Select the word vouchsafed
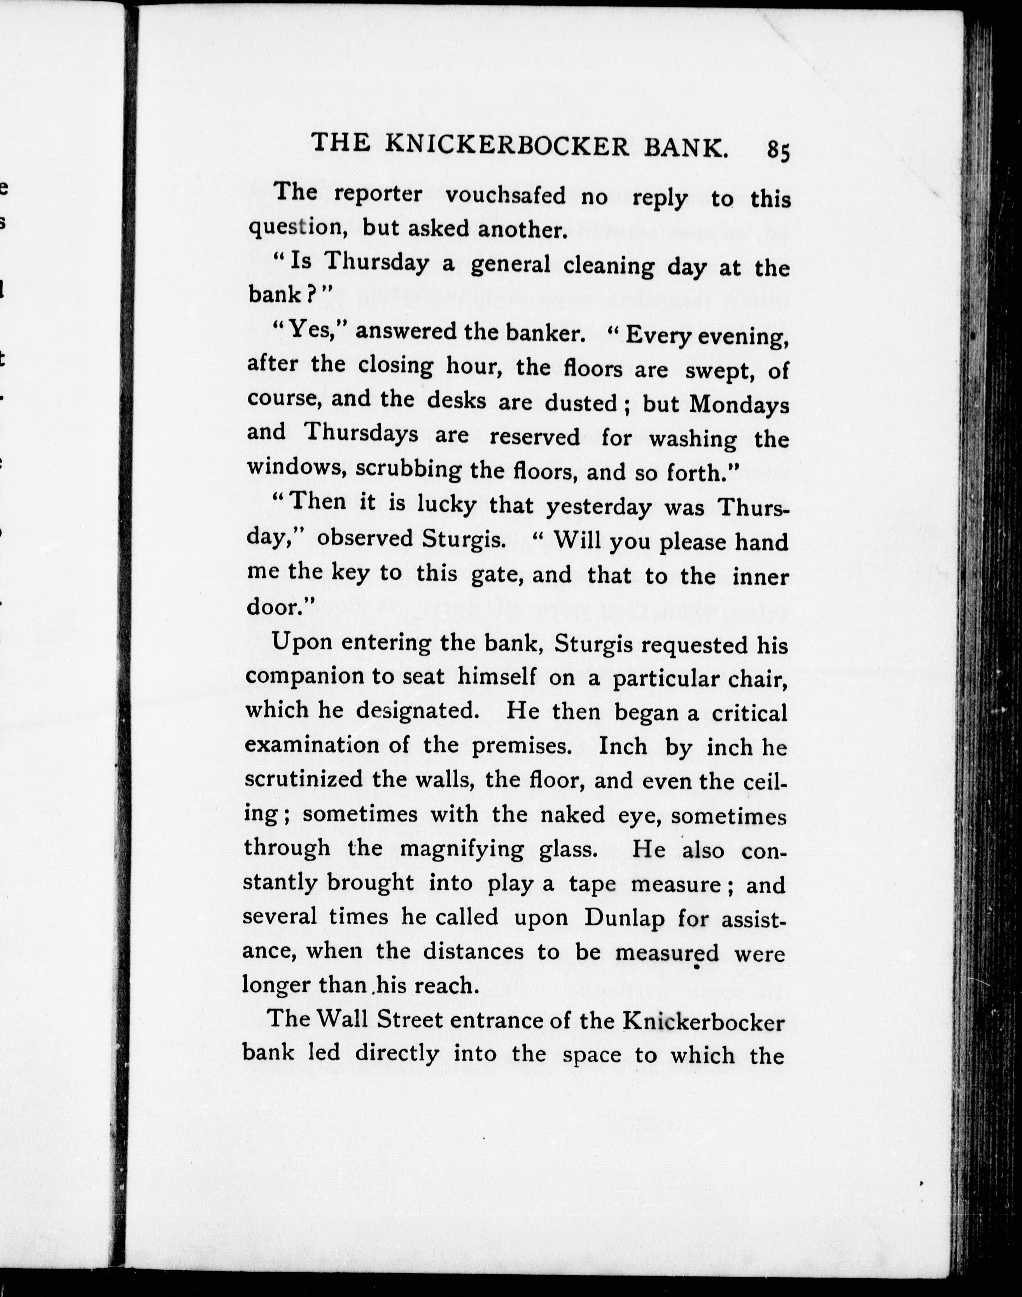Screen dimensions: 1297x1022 (x=506, y=195)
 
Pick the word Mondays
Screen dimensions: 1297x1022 (x=740, y=405)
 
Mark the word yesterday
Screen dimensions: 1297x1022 (x=598, y=507)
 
